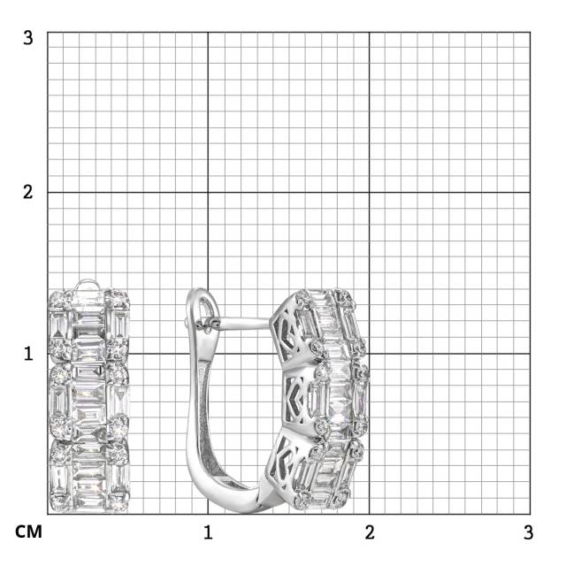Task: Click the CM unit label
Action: [28, 532]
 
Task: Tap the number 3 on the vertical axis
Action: [27, 37]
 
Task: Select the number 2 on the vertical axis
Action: [27, 192]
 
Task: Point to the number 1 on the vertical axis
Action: [28, 354]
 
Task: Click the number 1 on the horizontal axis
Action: [208, 532]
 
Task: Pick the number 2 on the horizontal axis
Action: [370, 532]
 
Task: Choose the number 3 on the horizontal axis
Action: [529, 532]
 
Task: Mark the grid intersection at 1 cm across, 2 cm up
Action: [208, 192]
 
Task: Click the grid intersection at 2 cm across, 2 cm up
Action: [370, 192]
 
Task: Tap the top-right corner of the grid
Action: [530, 33]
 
